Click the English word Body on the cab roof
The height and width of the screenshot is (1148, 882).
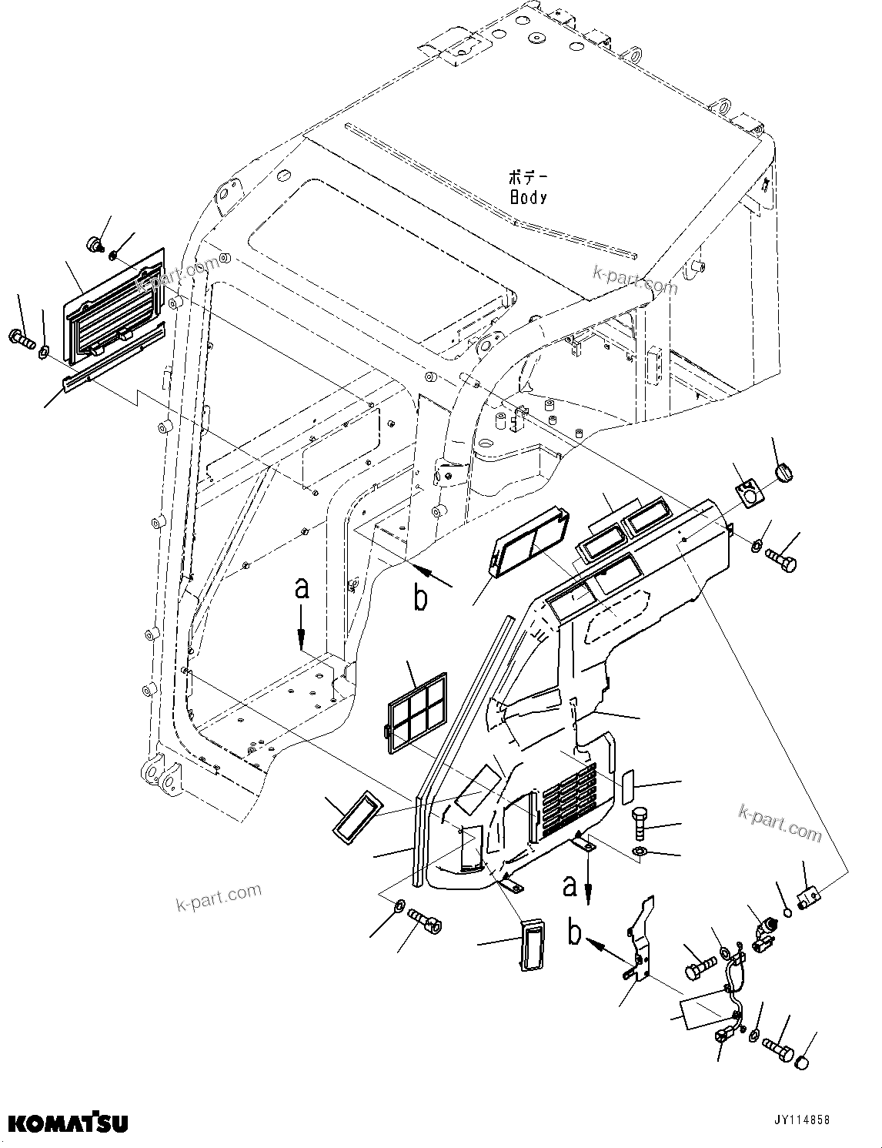(x=528, y=197)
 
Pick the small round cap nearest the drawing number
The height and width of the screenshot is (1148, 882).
(x=801, y=1064)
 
